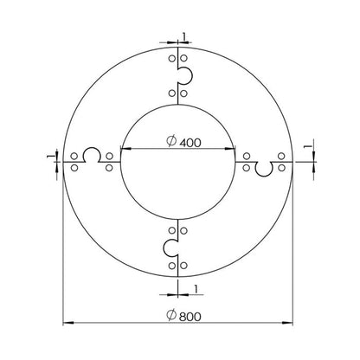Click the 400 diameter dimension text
190,143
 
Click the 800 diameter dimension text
190,317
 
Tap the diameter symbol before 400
171,141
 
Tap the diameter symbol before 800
171,314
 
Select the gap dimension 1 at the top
184,36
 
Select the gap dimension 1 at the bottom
196,289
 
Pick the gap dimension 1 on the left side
51,156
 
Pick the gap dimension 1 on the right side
307,146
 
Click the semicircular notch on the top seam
191,75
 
